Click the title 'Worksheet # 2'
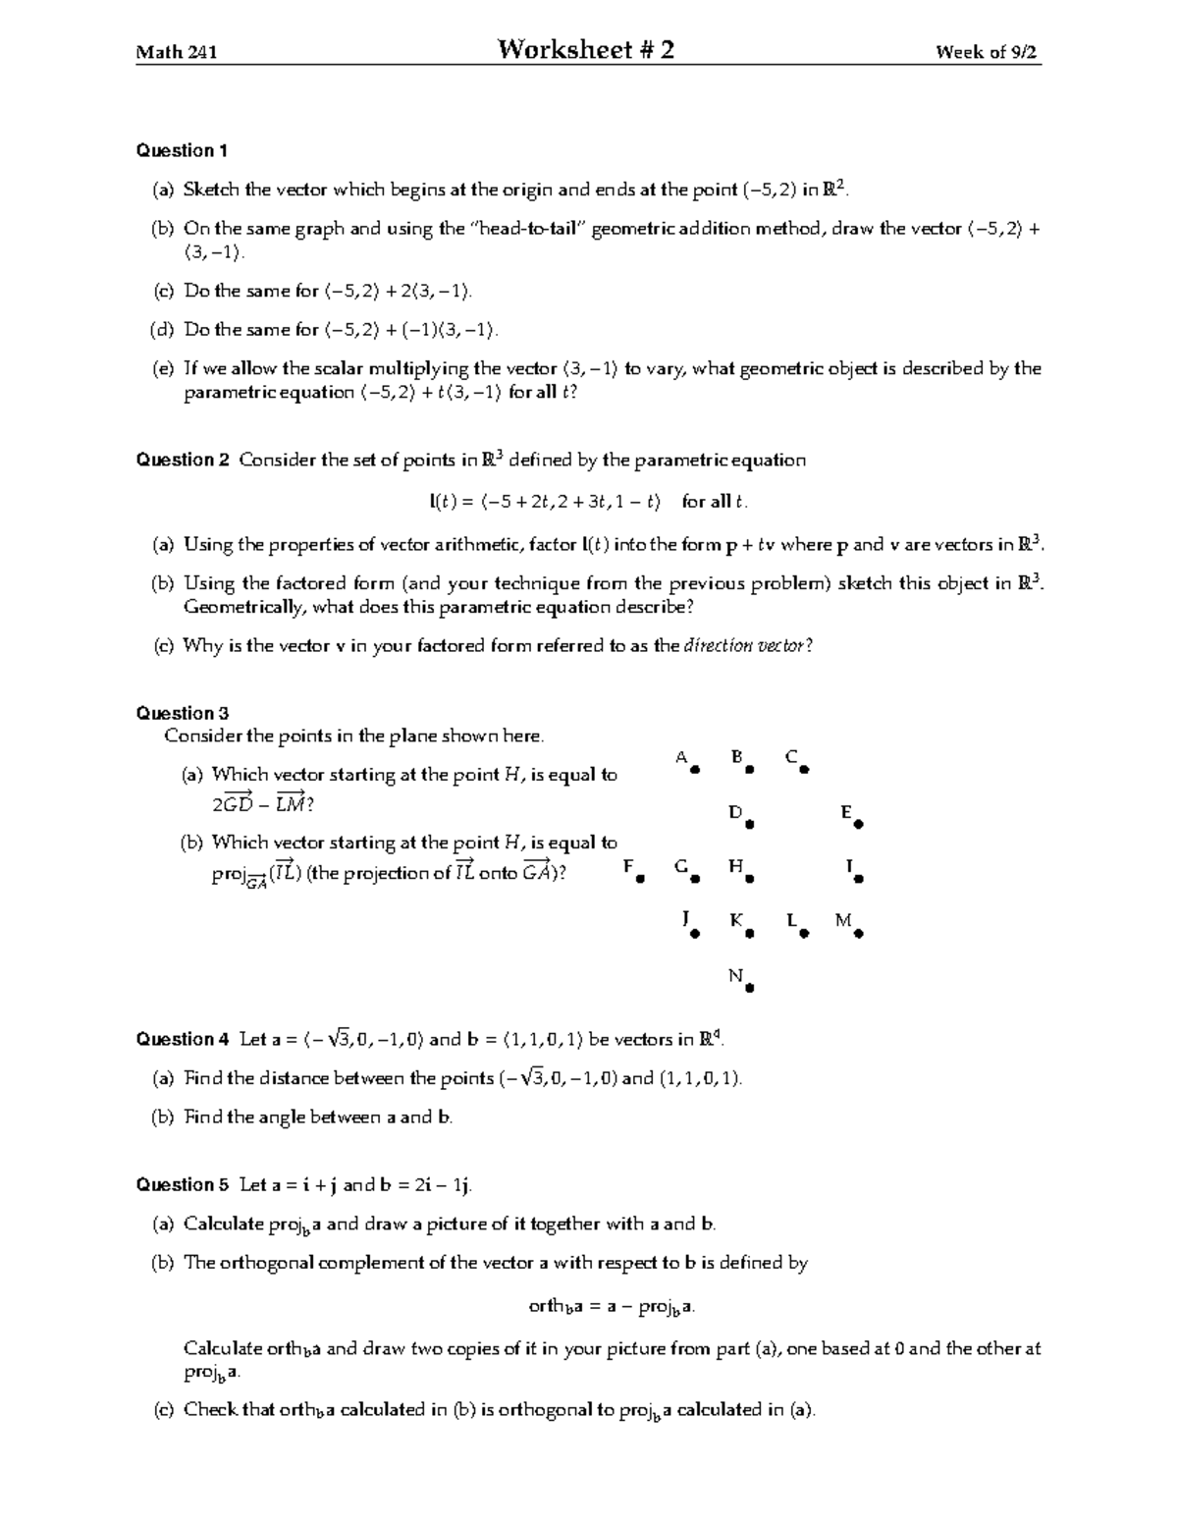click(586, 50)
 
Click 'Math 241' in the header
click(176, 53)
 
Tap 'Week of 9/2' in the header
click(987, 53)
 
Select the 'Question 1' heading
click(182, 151)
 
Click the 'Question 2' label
click(183, 461)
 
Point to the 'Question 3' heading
click(183, 714)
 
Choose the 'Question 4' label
click(183, 1040)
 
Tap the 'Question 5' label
click(183, 1185)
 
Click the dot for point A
click(695, 771)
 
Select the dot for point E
click(858, 826)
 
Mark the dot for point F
click(640, 880)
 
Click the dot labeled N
click(749, 989)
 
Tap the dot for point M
click(858, 935)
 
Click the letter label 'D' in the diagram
click(734, 812)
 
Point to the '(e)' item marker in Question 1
click(162, 369)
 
